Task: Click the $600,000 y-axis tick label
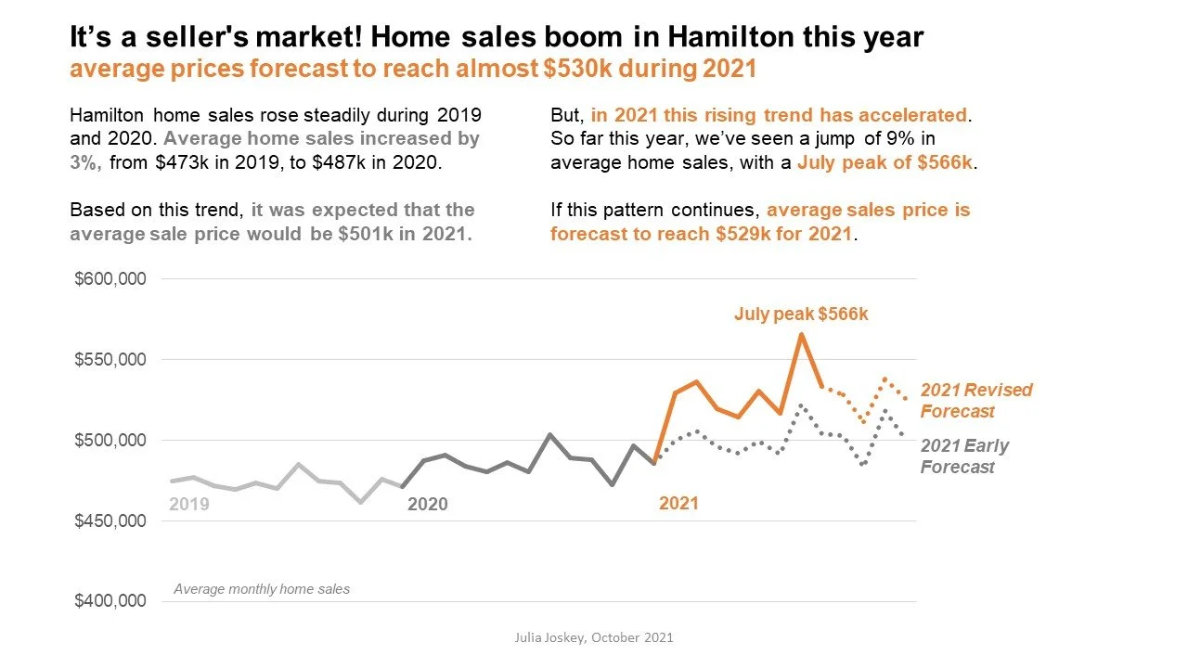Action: (x=110, y=279)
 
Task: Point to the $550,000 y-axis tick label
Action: (x=110, y=360)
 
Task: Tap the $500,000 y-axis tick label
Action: (x=110, y=440)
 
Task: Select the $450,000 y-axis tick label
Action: (x=110, y=520)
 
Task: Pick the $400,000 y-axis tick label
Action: (x=110, y=601)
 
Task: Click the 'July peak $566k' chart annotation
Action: (x=801, y=315)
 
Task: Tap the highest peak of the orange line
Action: (x=801, y=334)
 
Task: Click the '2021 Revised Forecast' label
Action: (x=975, y=401)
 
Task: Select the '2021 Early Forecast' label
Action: (x=964, y=456)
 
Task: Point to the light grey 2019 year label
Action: (x=189, y=505)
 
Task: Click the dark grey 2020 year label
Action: (x=427, y=505)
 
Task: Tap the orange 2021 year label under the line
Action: (x=678, y=504)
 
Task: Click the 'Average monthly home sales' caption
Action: (x=262, y=589)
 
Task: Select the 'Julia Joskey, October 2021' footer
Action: (x=594, y=637)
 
